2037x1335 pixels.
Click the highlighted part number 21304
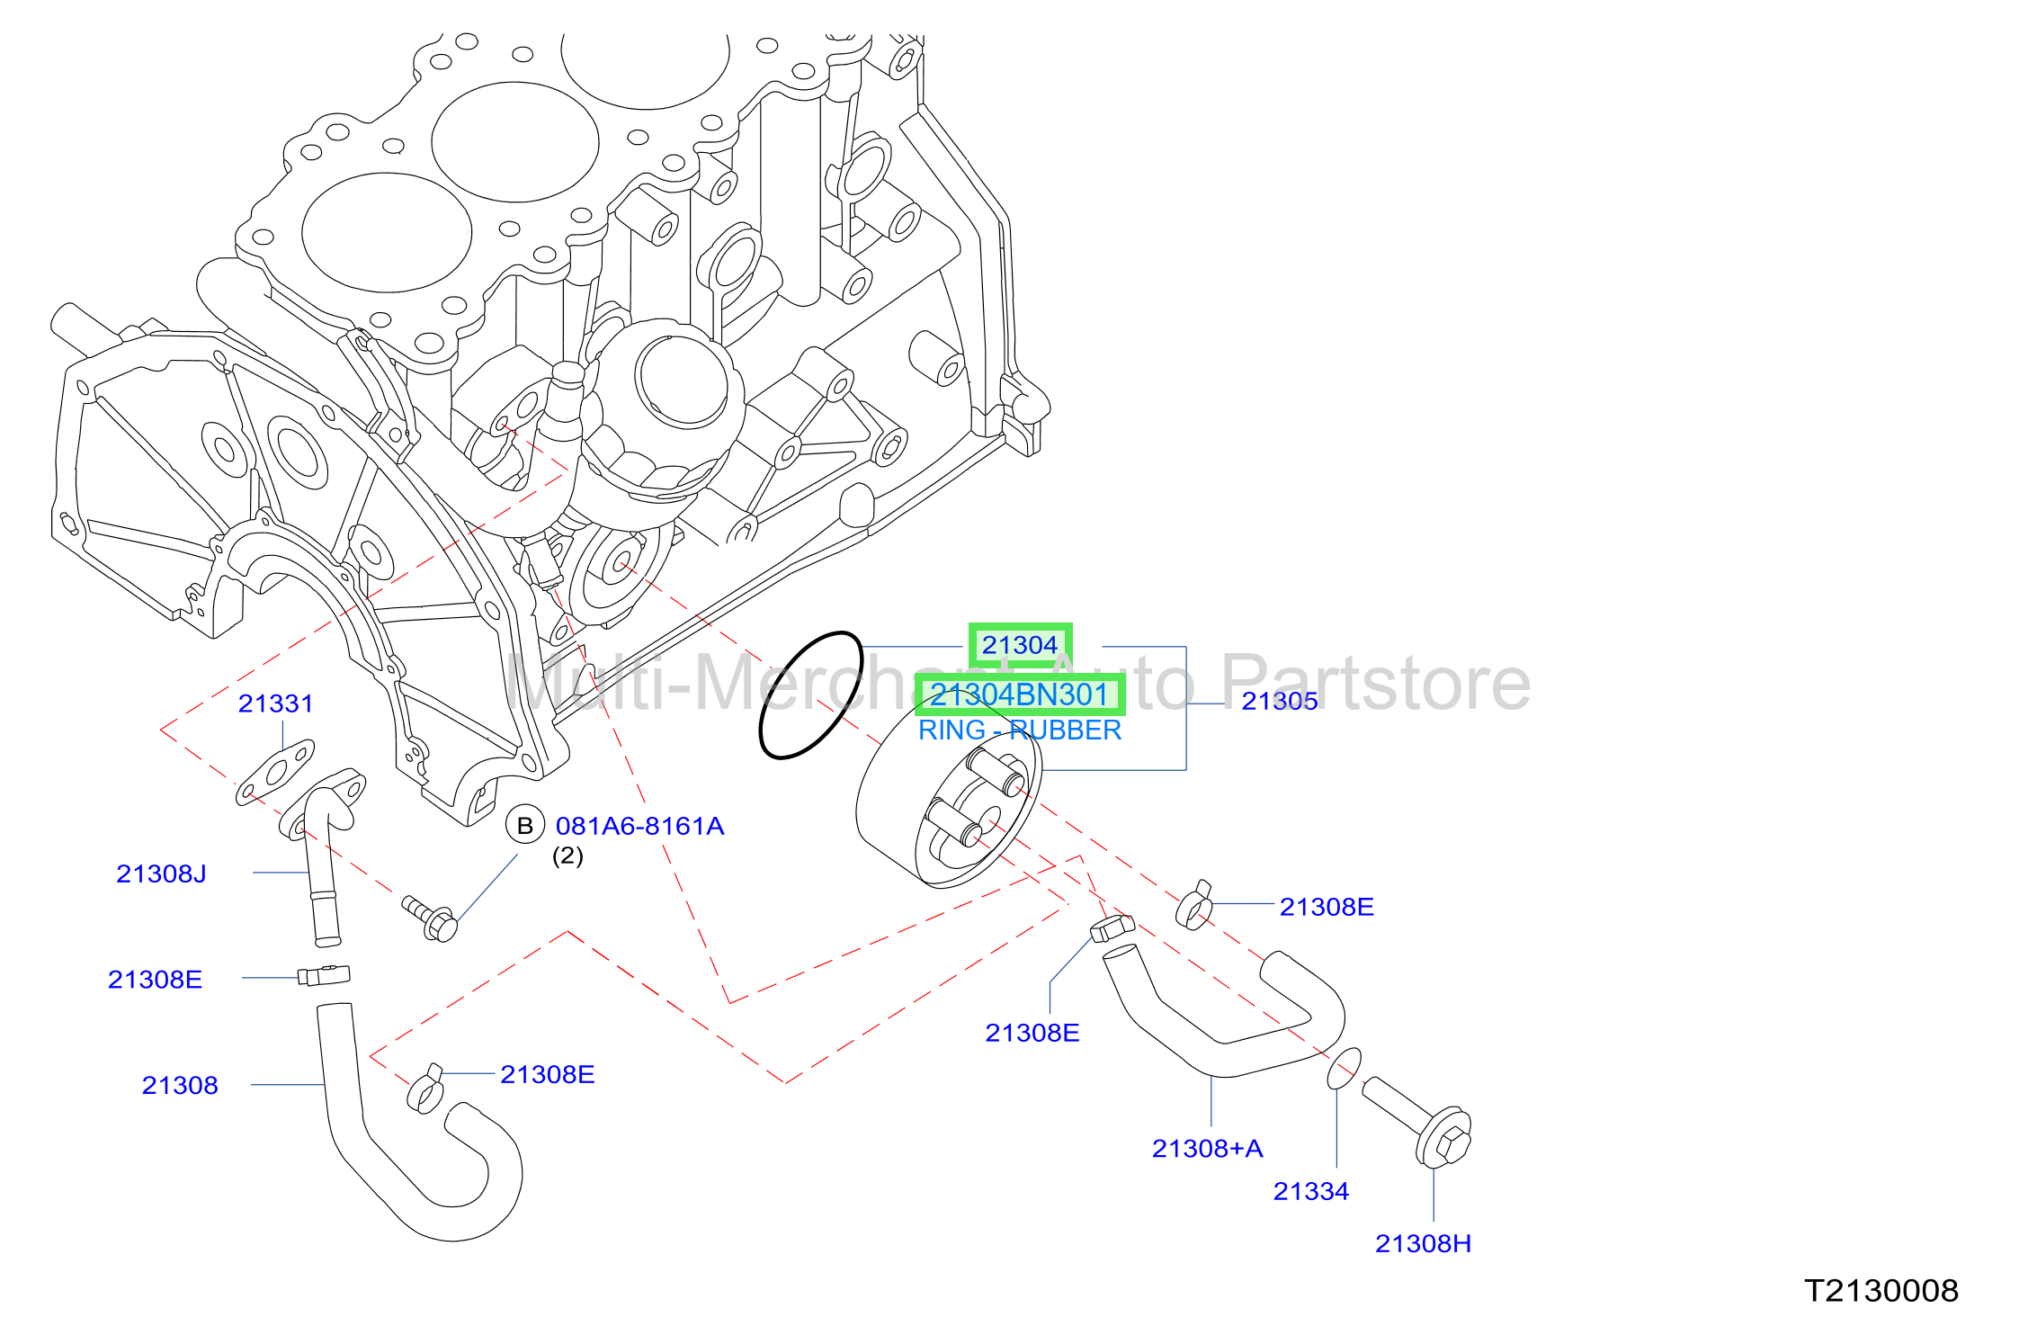click(x=1020, y=645)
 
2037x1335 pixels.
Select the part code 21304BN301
click(x=1019, y=694)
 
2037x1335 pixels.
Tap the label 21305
click(x=1280, y=701)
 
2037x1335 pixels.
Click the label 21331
click(x=276, y=703)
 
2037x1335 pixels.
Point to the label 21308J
click(x=161, y=874)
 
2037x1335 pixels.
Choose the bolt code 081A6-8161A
click(x=639, y=826)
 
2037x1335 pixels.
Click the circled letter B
click(x=525, y=825)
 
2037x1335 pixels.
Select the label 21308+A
click(x=1208, y=1148)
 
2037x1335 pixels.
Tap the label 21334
click(x=1311, y=1191)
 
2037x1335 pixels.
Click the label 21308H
click(x=1423, y=1243)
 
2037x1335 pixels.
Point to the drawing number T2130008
click(x=1881, y=1291)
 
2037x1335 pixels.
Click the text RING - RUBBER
click(x=1020, y=730)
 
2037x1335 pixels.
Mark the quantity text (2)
click(x=567, y=856)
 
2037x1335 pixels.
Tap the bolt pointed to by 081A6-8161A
click(x=430, y=918)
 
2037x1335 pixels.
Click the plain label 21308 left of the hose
click(x=180, y=1085)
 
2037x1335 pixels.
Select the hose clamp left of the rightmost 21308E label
click(x=1193, y=906)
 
